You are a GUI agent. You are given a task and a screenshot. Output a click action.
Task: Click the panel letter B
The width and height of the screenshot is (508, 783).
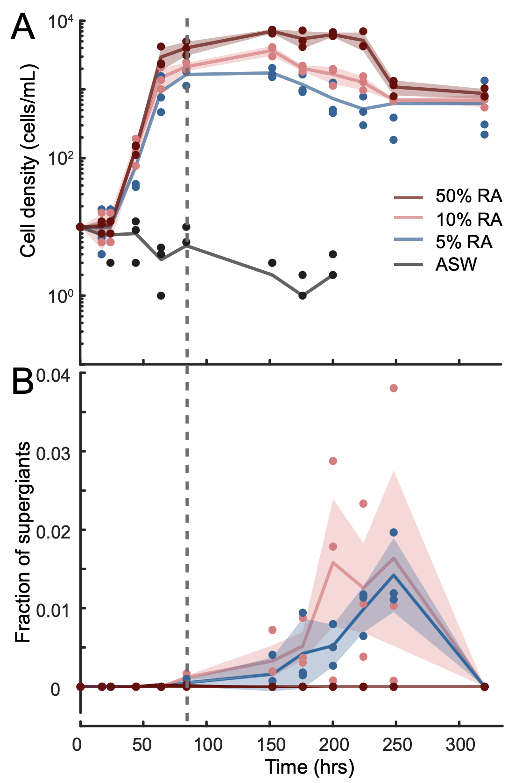point(22,381)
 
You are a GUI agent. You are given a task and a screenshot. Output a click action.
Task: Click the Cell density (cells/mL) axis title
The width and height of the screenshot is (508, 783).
point(28,161)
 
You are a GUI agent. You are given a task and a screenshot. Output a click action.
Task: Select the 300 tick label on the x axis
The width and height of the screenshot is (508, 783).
point(460,745)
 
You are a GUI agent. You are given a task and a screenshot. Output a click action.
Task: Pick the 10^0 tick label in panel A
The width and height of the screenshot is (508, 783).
point(61,296)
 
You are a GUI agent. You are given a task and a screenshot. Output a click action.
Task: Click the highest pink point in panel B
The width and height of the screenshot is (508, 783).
point(394,388)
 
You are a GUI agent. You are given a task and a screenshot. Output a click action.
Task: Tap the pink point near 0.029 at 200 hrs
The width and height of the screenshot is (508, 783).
point(333,461)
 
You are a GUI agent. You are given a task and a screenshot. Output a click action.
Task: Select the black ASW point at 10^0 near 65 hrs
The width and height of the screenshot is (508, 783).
point(161,295)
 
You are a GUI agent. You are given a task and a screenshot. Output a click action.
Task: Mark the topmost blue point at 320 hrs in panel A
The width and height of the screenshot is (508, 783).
point(484,81)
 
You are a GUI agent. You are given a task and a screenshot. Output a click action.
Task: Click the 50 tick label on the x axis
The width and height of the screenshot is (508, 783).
point(142,745)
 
